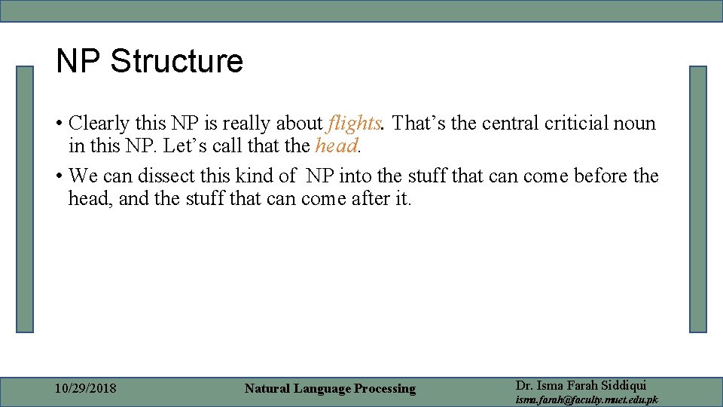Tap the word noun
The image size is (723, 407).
(635, 123)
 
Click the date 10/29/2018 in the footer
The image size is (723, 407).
(86, 388)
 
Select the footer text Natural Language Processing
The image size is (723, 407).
(330, 388)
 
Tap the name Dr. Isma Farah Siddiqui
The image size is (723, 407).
(581, 385)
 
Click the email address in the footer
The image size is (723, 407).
(586, 399)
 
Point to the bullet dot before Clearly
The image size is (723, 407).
(58, 124)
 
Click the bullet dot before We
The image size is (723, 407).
(58, 177)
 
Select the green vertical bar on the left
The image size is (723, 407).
(26, 199)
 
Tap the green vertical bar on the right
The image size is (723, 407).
(698, 199)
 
